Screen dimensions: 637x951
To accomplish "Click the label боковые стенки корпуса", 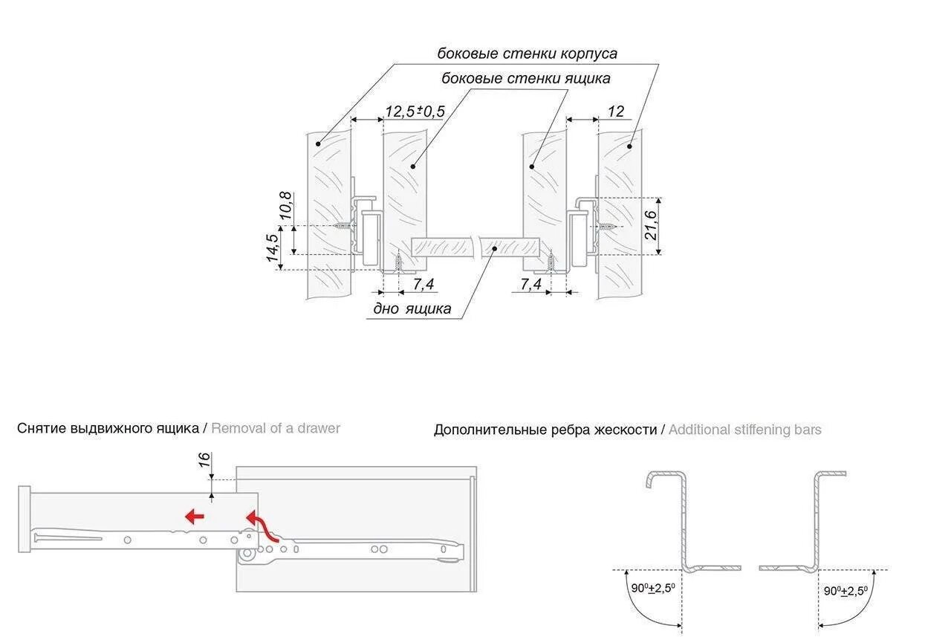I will pyautogui.click(x=527, y=54).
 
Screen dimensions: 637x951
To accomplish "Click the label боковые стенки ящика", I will pyautogui.click(x=525, y=79).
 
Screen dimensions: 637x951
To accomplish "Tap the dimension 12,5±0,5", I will pyautogui.click(x=414, y=111).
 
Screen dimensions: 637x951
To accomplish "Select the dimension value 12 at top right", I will pyautogui.click(x=616, y=111).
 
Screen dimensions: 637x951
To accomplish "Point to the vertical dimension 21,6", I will pyautogui.click(x=651, y=225).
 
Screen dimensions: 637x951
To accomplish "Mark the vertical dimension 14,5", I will pyautogui.click(x=272, y=248).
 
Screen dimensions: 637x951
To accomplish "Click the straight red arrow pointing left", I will pyautogui.click(x=195, y=517).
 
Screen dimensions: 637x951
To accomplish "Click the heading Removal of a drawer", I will pyautogui.click(x=276, y=428).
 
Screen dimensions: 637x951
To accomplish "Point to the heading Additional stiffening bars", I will pyautogui.click(x=744, y=430).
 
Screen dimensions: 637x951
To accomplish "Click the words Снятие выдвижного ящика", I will pyautogui.click(x=108, y=428).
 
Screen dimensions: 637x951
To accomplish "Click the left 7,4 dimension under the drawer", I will pyautogui.click(x=423, y=284).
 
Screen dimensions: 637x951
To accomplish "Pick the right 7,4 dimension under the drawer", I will pyautogui.click(x=530, y=284).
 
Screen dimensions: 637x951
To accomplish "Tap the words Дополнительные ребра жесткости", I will pyautogui.click(x=546, y=430).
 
